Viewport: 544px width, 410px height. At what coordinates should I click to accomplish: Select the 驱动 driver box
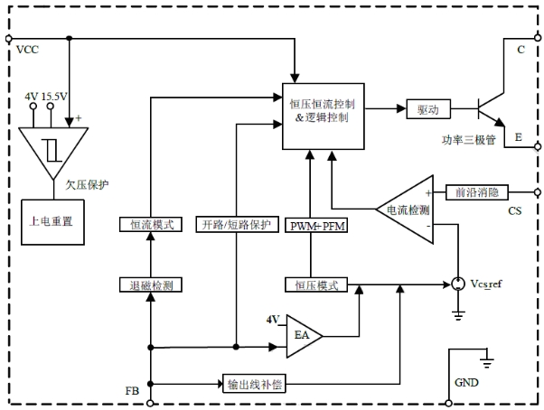click(427, 110)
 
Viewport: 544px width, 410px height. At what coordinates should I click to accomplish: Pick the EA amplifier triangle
click(302, 334)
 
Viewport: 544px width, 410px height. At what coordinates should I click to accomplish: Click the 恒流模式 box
click(151, 224)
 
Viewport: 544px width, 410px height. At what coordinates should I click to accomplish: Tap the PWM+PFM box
click(312, 224)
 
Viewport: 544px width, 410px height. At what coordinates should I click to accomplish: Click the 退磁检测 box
click(151, 285)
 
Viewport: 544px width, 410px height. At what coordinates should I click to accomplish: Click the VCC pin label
click(29, 50)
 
